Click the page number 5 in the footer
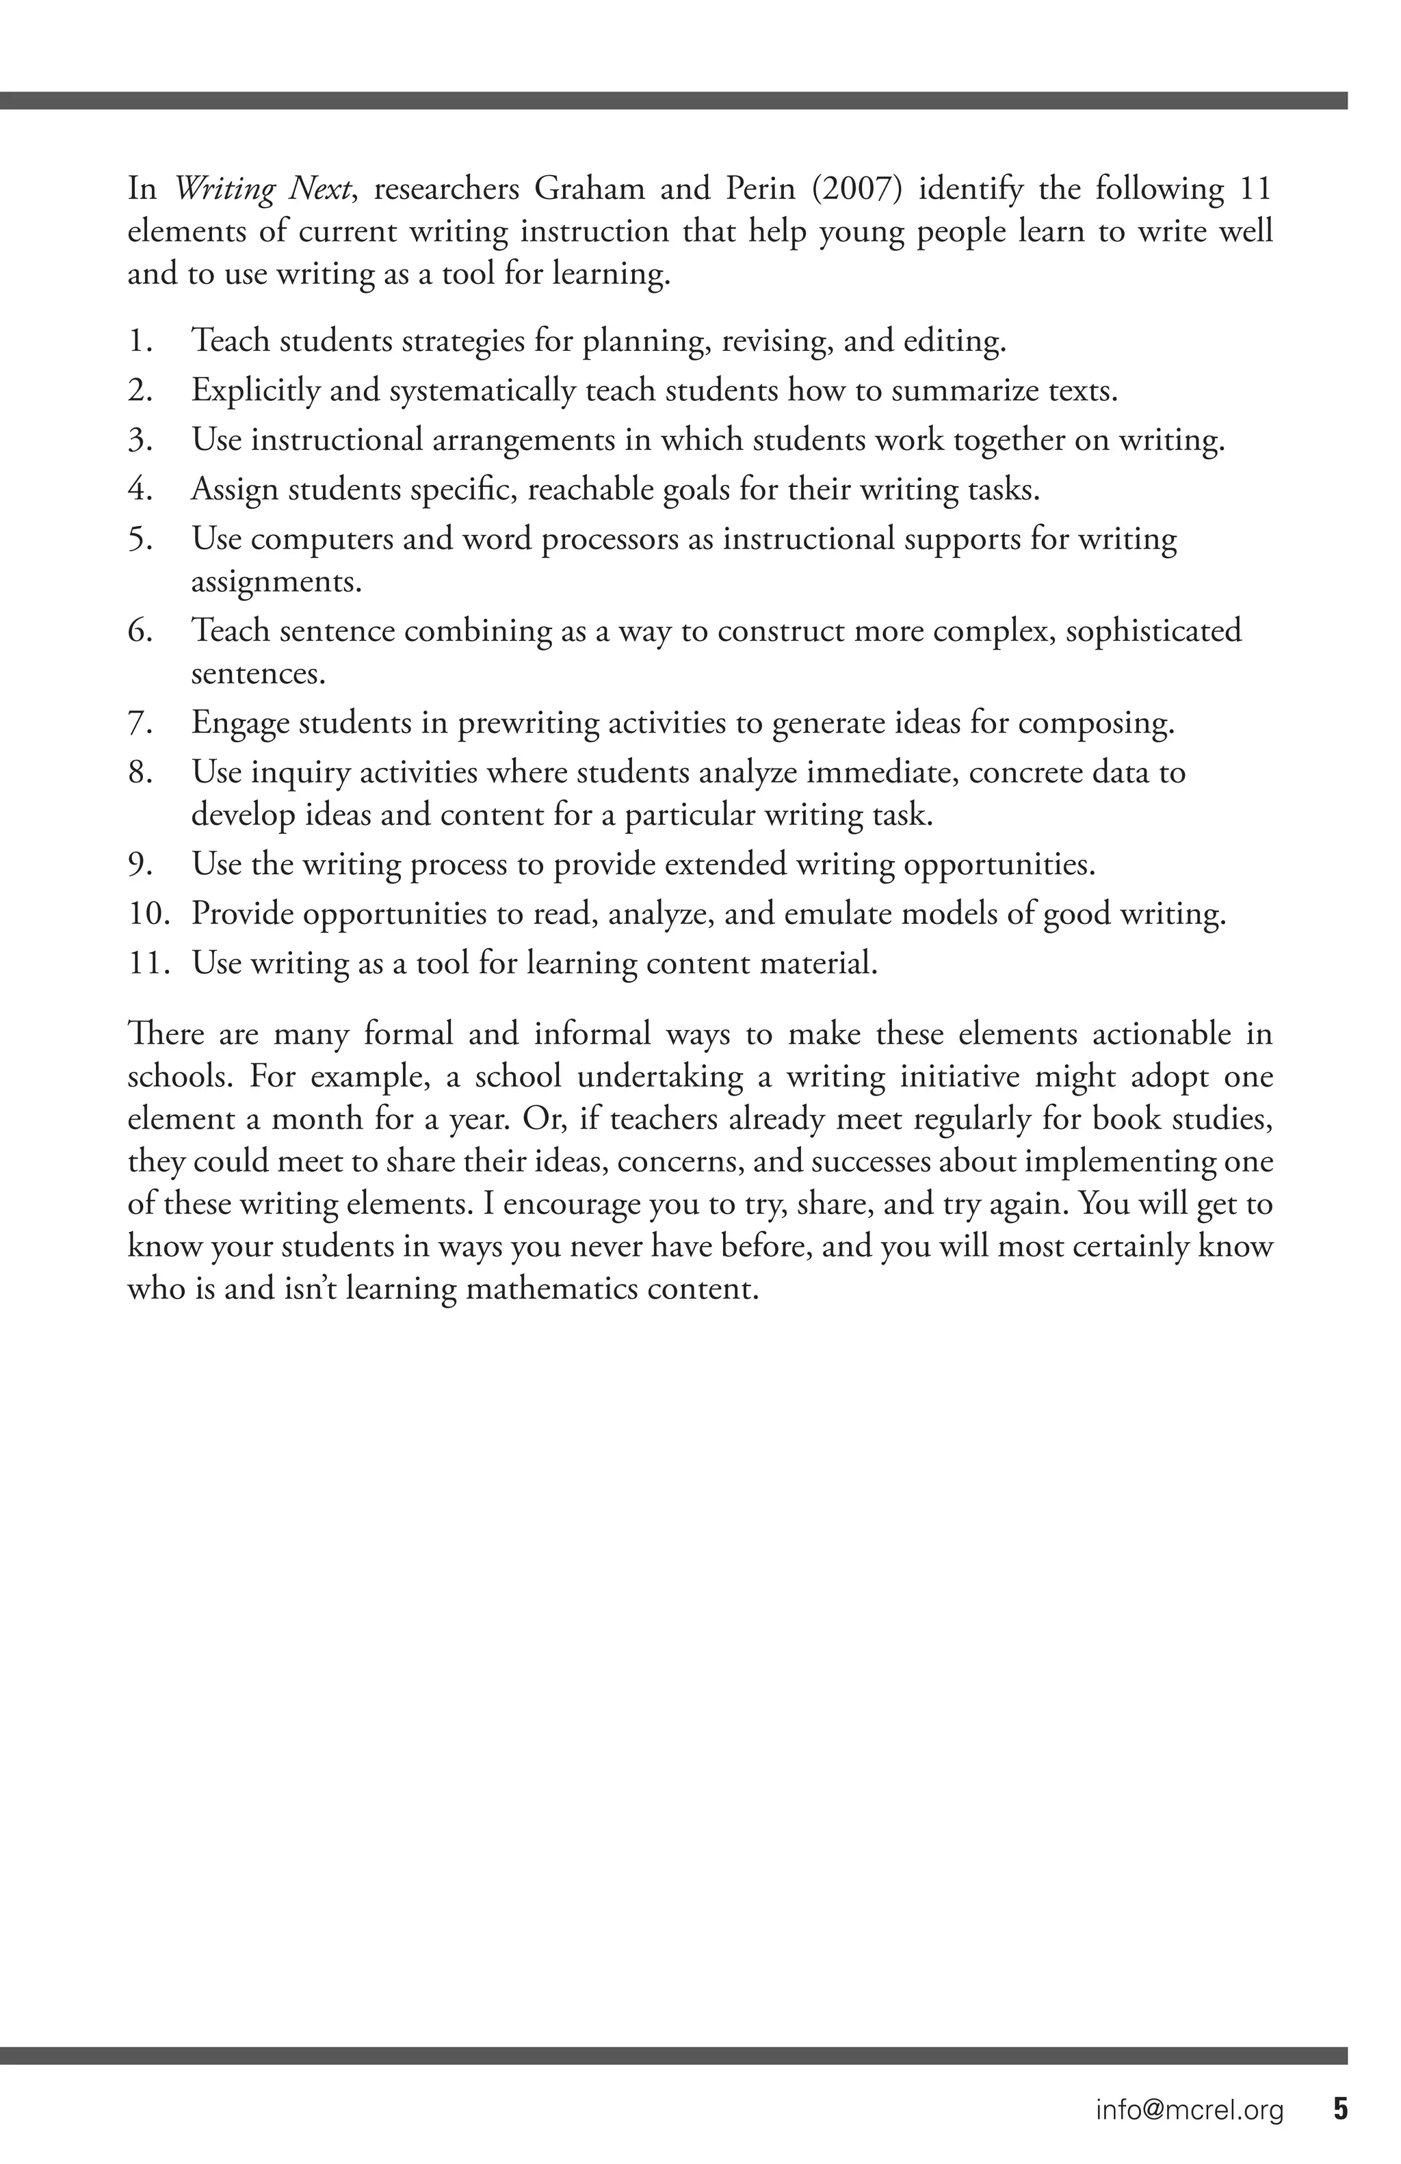point(1340,2109)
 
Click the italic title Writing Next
point(263,189)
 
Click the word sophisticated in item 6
point(1153,630)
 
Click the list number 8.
point(138,772)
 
